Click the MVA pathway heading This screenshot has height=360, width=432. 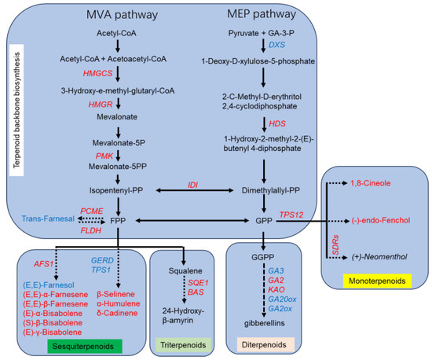click(122, 15)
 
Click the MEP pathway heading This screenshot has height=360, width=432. click(262, 14)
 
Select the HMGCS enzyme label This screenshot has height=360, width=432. click(98, 73)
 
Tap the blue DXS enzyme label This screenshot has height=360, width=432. click(276, 45)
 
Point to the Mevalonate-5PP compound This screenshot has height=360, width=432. click(118, 167)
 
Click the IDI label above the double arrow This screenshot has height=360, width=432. click(193, 185)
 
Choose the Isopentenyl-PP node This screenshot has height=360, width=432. click(116, 190)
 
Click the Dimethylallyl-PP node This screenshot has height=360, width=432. click(271, 190)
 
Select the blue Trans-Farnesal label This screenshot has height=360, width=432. click(48, 219)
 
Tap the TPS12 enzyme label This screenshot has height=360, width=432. click(291, 215)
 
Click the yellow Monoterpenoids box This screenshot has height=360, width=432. click(377, 281)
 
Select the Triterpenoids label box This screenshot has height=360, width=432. click(183, 345)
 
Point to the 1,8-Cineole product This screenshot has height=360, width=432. click(371, 183)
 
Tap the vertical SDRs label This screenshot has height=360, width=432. click(335, 245)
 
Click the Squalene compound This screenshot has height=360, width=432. click(185, 271)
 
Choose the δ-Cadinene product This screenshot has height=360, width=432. click(117, 313)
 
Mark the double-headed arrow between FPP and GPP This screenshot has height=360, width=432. click(192, 221)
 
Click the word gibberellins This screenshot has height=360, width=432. click(265, 323)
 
